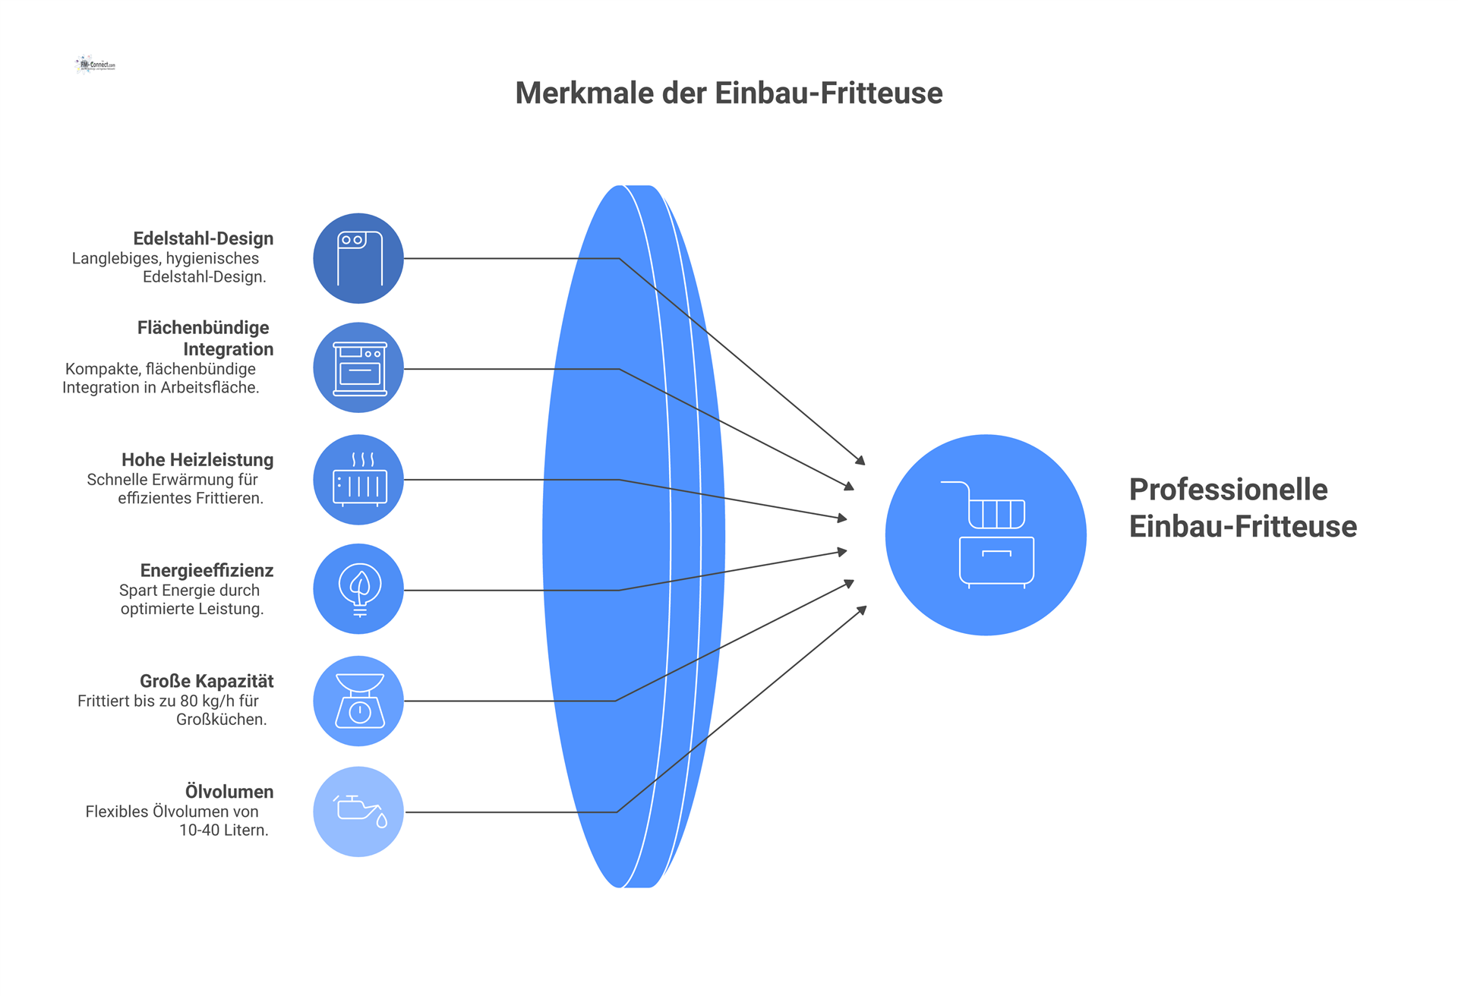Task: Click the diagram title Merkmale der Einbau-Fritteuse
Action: click(x=728, y=93)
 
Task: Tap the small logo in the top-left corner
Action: click(x=96, y=65)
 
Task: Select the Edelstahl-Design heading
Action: click(x=203, y=238)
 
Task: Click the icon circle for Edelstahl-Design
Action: click(x=358, y=258)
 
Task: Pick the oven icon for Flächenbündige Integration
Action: click(x=359, y=368)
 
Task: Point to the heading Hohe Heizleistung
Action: click(x=197, y=460)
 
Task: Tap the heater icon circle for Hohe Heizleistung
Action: click(x=358, y=480)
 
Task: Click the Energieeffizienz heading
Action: click(x=207, y=571)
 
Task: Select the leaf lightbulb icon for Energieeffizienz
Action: click(x=359, y=590)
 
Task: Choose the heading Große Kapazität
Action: click(x=207, y=682)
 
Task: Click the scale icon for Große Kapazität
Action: click(x=359, y=701)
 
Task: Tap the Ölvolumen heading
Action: click(x=229, y=792)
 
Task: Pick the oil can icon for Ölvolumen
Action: click(x=359, y=811)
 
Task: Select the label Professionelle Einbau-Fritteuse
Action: click(x=1242, y=508)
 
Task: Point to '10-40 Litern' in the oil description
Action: click(x=223, y=831)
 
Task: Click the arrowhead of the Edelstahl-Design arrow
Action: click(x=861, y=461)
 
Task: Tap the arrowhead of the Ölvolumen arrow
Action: click(x=862, y=610)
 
